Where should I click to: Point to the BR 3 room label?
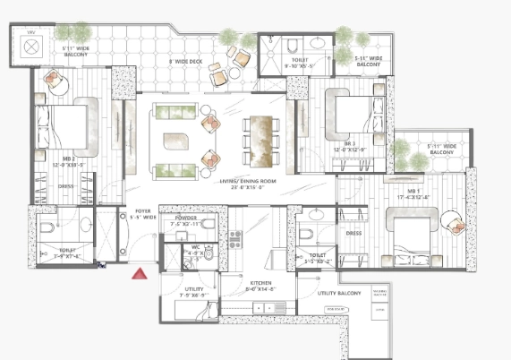click(x=349, y=144)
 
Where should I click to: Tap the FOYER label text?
click(x=143, y=212)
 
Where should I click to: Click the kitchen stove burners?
click(x=237, y=240)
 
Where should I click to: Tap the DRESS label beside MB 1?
click(x=354, y=234)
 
